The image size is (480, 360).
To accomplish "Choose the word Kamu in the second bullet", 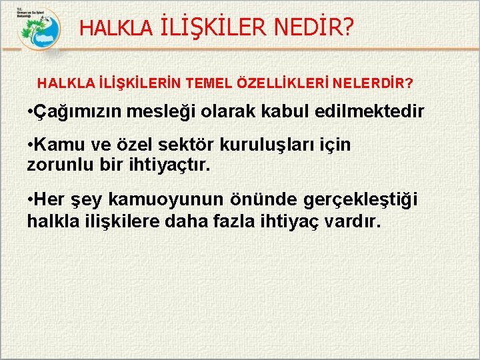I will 59,145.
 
